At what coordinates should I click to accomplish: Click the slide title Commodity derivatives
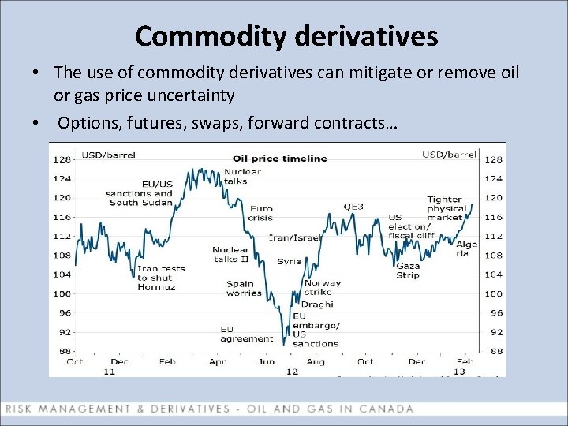coord(286,35)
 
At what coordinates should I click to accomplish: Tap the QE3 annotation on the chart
coord(353,207)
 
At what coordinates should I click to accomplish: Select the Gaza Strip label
coord(408,271)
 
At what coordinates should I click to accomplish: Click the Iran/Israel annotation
coord(294,237)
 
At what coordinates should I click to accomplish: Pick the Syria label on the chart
coord(289,261)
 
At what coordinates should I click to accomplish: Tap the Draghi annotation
coord(317,304)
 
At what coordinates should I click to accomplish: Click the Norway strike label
coord(323,287)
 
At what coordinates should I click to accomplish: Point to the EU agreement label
coord(246,334)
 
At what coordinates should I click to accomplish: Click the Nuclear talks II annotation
coord(230,254)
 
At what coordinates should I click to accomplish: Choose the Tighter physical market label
coord(445,208)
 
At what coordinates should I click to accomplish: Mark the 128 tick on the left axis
coord(60,160)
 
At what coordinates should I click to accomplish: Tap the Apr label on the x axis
coord(218,361)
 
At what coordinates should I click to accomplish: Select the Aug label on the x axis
coord(316,361)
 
